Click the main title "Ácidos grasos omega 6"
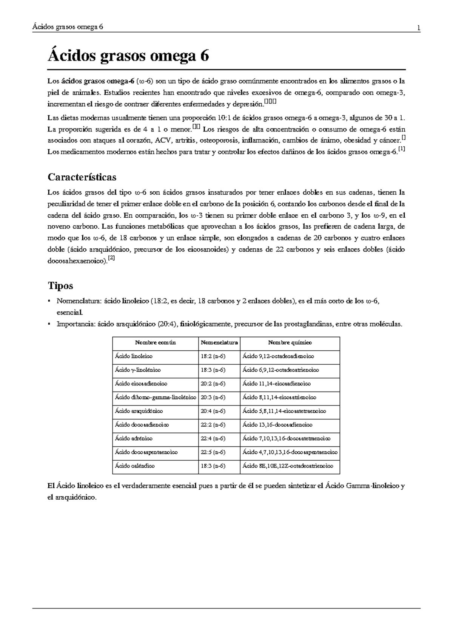click(128, 56)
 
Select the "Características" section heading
click(82, 177)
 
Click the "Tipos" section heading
click(60, 285)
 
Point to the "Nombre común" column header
click(156, 343)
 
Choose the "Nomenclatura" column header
click(219, 343)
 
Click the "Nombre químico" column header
click(290, 343)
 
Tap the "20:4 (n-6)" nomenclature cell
click(213, 411)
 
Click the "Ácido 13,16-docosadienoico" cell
click(277, 425)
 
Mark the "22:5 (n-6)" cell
click(213, 452)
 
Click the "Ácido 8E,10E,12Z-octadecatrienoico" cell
click(288, 466)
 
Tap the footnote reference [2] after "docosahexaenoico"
click(111, 258)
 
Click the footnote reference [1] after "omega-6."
click(402, 150)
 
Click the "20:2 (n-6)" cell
click(213, 384)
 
